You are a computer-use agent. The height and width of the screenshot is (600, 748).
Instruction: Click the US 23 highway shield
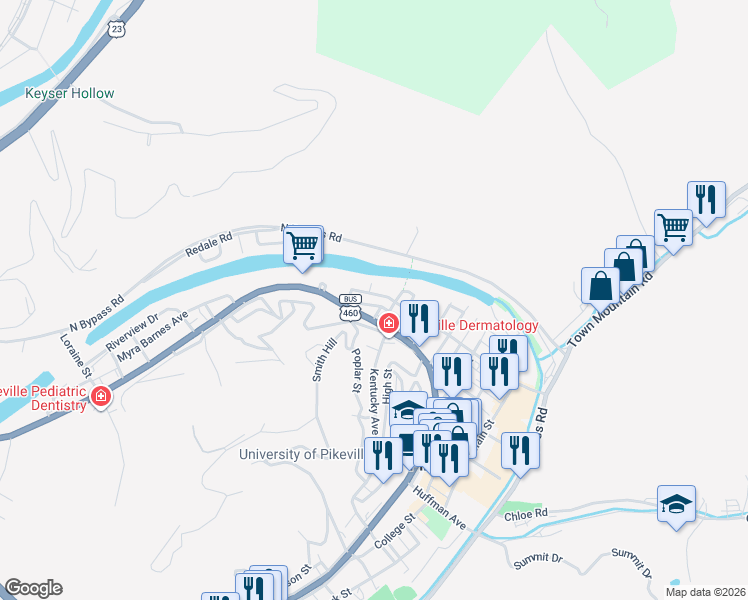coord(119,31)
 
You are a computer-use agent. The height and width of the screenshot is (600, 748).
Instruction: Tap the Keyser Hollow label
coord(70,94)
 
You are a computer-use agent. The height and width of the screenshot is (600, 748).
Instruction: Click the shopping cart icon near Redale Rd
coord(303,244)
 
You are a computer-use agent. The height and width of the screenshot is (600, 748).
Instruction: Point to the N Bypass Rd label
coord(96,313)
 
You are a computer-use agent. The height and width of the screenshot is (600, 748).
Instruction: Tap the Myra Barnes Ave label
coord(151,335)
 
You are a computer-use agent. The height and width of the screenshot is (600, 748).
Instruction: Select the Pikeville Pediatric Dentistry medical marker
coord(100,398)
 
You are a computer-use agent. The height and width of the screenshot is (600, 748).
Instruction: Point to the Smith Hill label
coord(324,360)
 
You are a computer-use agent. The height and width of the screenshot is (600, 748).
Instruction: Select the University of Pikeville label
coord(301,455)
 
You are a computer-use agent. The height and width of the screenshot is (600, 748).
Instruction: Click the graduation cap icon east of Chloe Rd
coord(677,504)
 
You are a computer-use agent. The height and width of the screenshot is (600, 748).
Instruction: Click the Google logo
coord(33,588)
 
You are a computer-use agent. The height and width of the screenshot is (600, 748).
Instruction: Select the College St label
coord(394,533)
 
